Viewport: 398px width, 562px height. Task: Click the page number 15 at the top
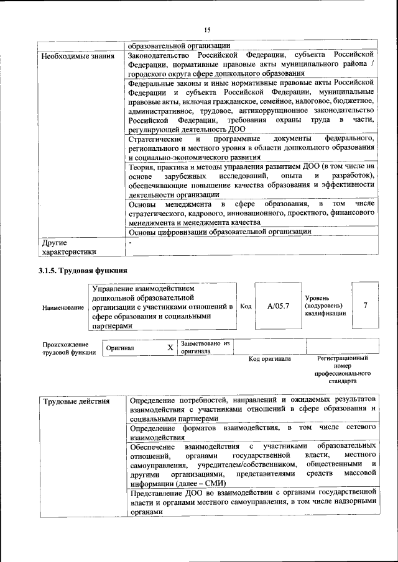[x=208, y=30]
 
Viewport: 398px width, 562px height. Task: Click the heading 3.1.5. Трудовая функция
[x=83, y=271]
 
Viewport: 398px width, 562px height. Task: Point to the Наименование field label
[x=63, y=307]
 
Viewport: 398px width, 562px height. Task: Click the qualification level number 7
[x=365, y=305]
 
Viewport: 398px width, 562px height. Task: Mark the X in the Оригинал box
[x=170, y=348]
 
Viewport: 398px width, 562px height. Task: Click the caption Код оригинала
[x=269, y=359]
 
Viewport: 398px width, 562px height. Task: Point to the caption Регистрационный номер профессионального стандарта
[x=342, y=369]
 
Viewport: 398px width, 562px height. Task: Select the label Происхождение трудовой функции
[x=69, y=348]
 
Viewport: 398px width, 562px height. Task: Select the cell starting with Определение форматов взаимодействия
[x=252, y=432]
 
